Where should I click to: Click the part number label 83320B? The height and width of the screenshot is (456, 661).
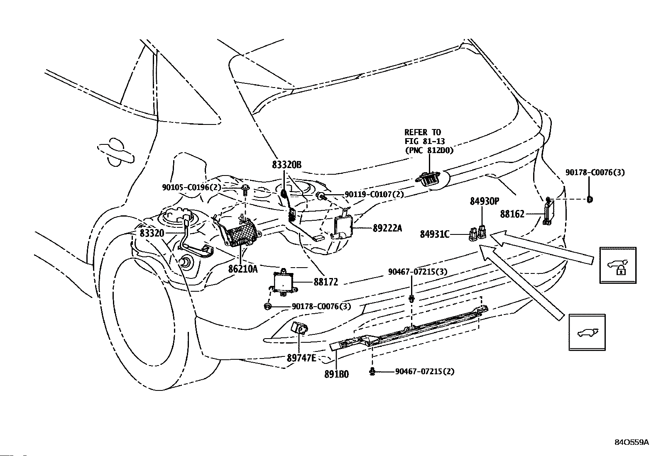(x=286, y=165)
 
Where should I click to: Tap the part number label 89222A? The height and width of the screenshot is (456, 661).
(x=387, y=228)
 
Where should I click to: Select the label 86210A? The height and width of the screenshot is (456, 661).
(x=243, y=269)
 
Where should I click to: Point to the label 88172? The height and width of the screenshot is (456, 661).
(x=326, y=282)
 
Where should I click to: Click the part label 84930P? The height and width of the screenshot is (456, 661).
(x=484, y=201)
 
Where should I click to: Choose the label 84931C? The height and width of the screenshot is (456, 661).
(x=435, y=234)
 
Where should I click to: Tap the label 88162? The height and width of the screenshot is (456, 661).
(x=512, y=214)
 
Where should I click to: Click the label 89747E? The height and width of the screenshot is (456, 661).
(x=301, y=358)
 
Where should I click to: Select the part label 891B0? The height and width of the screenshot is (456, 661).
(x=336, y=374)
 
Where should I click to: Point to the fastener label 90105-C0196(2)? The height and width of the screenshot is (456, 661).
(x=191, y=187)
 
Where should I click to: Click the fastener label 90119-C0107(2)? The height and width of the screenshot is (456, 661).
(x=374, y=194)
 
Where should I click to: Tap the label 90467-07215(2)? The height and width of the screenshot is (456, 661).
(x=425, y=371)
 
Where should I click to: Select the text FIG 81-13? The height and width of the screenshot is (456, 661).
(x=425, y=141)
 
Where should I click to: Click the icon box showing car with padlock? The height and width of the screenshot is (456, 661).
(x=618, y=266)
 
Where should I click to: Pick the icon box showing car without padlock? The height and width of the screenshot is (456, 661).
(x=587, y=332)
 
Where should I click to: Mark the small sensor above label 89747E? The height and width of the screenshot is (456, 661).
(x=299, y=327)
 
